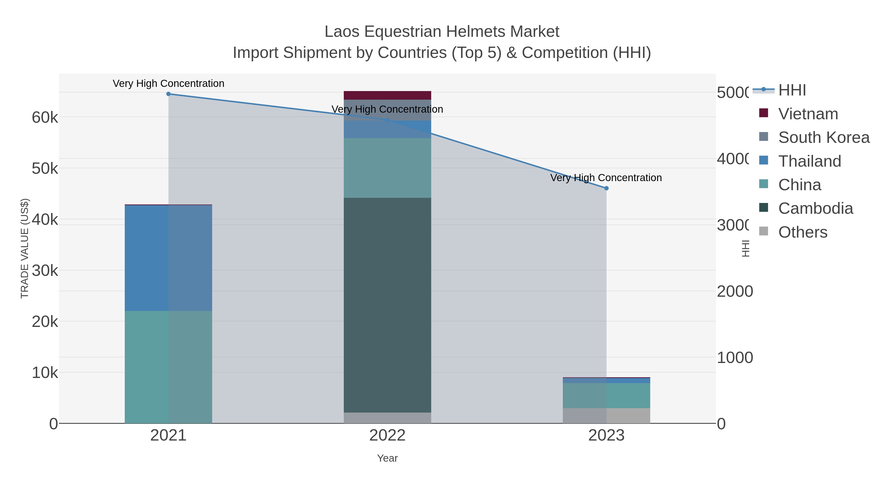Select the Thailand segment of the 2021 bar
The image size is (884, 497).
(168, 258)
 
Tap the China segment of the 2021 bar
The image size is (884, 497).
(168, 367)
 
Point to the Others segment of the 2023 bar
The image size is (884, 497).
(606, 416)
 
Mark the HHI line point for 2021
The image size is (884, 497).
(168, 94)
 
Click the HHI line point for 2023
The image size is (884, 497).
(606, 188)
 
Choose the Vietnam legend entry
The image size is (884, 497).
(808, 114)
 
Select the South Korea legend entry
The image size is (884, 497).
(824, 137)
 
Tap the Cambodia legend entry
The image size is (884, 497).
(815, 209)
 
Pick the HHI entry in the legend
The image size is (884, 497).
(792, 90)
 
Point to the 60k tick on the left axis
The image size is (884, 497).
(45, 118)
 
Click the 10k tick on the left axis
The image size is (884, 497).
(45, 373)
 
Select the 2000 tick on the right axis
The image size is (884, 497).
(734, 291)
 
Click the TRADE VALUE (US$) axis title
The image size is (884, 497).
(25, 248)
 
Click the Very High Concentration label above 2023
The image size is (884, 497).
(606, 178)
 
